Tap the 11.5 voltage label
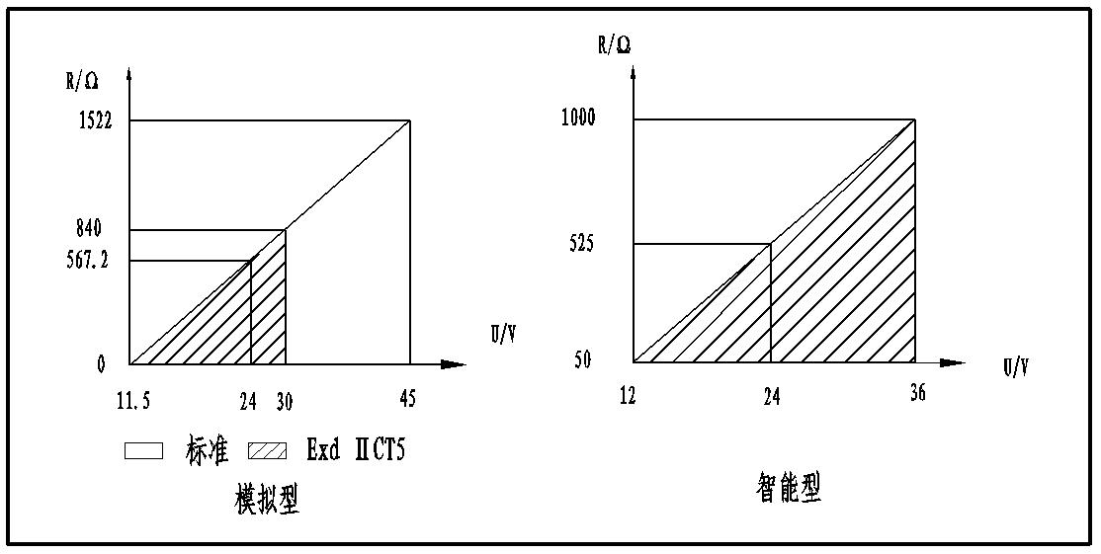click(133, 400)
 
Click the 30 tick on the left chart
click(286, 400)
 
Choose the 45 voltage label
click(407, 400)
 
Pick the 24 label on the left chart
click(249, 400)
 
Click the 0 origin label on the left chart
click(100, 364)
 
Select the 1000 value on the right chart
click(577, 118)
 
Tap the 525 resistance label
click(582, 243)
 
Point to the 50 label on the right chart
click(582, 360)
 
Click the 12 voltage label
click(628, 396)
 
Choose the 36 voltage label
click(917, 394)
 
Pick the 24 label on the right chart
click(771, 396)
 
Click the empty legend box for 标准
click(143, 451)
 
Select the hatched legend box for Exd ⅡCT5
click(268, 451)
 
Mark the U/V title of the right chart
click(1016, 368)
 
